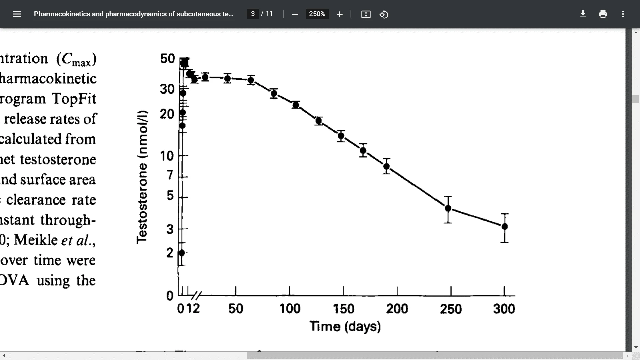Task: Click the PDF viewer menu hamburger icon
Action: (17, 14)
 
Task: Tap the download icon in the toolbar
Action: (583, 14)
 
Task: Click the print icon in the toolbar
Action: (603, 14)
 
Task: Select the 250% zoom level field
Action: (317, 14)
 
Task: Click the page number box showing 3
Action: (253, 14)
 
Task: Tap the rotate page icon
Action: (384, 14)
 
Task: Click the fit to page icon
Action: (366, 14)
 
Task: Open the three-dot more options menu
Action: (623, 14)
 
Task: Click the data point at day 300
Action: (505, 227)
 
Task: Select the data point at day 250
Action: (448, 208)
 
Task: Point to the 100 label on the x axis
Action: (290, 309)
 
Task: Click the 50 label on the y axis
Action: (167, 59)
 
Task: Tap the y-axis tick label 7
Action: (170, 175)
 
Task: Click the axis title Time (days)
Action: (345, 326)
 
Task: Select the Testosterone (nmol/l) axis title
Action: (142, 177)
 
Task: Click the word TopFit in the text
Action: (74, 99)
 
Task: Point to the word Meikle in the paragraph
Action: (36, 240)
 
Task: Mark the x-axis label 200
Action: (397, 309)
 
